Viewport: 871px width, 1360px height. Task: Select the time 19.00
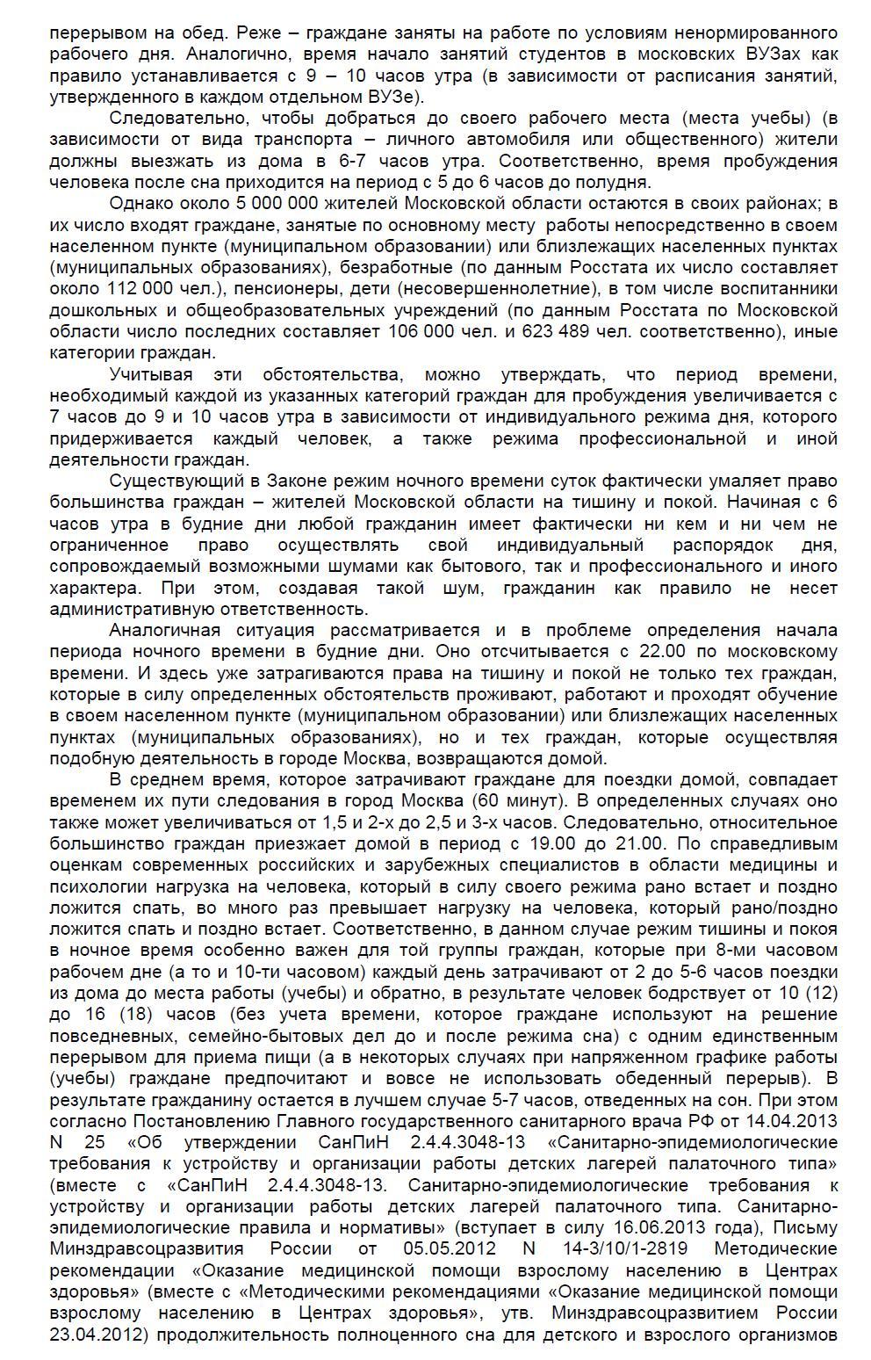click(557, 843)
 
